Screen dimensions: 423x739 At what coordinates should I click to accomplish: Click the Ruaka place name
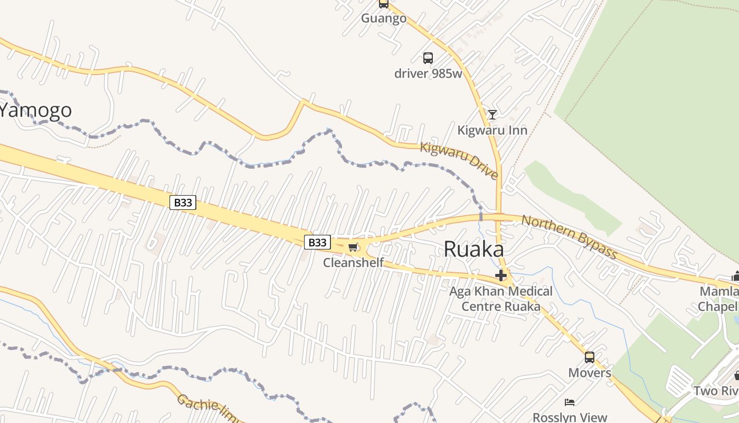point(473,249)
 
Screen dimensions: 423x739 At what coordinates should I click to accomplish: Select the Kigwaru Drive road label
point(459,160)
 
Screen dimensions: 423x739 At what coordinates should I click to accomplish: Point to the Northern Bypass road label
point(569,237)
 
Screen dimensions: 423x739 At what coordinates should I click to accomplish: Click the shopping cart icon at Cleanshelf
point(353,247)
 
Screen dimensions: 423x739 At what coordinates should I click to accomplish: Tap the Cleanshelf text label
point(353,262)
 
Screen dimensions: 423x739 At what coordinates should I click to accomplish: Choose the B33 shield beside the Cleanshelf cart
point(317,242)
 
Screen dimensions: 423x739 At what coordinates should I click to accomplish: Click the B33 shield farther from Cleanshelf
point(183,202)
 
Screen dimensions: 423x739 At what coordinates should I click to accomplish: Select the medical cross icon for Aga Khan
point(501,275)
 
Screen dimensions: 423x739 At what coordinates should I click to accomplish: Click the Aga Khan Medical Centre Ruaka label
point(501,299)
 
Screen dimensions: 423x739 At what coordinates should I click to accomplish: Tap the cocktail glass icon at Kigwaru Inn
point(492,114)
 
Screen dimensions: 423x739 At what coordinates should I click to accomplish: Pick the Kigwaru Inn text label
point(492,130)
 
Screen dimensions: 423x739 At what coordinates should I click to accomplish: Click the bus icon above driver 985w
point(428,58)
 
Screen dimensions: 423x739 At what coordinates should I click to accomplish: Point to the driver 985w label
point(428,73)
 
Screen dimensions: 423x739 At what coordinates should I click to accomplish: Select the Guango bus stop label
point(384,19)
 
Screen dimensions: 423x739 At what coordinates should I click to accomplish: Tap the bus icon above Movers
point(590,357)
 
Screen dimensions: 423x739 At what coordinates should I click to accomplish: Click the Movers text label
point(590,373)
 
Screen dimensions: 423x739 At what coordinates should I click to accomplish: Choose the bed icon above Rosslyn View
point(570,402)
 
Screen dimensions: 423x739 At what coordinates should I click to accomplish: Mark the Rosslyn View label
point(570,417)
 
